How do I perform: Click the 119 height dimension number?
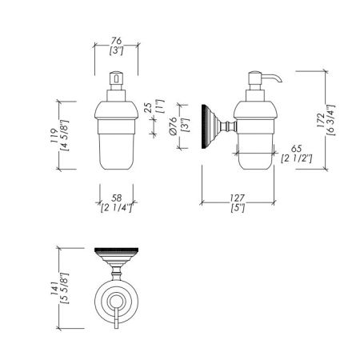click(54, 136)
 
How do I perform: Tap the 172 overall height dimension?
click(321, 120)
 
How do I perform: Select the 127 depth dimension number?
click(238, 198)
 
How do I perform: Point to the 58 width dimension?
click(117, 198)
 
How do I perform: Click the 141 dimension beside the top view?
click(54, 288)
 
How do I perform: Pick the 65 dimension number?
click(296, 149)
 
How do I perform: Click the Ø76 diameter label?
click(173, 126)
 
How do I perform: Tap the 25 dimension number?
click(149, 108)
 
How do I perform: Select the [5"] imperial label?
click(238, 207)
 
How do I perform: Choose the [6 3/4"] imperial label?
click(330, 120)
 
